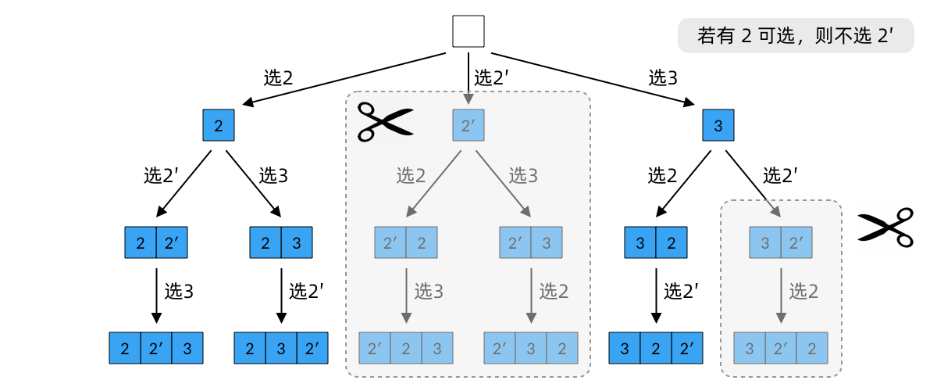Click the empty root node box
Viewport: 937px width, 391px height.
pos(468,32)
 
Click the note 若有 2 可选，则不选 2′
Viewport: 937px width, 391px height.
pos(796,36)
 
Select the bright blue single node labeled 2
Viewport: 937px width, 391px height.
pos(219,125)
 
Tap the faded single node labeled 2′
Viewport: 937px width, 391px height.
pos(468,125)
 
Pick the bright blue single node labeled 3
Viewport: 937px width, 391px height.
pos(718,125)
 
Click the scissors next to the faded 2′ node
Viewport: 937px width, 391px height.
pos(384,122)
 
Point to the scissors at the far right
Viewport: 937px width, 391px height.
pos(885,228)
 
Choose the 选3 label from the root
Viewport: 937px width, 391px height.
pos(663,77)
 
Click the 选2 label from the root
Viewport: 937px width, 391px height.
pos(278,77)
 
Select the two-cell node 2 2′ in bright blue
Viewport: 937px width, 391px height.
pos(156,242)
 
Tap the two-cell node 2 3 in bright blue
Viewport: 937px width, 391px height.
pos(281,242)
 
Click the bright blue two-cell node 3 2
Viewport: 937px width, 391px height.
pos(656,242)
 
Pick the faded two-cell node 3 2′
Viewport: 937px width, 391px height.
pos(781,242)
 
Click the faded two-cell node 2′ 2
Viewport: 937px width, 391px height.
pos(406,242)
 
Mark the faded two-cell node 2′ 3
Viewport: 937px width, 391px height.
pos(531,242)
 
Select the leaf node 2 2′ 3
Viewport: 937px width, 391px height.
pos(156,348)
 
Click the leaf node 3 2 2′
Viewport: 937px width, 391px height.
pos(656,348)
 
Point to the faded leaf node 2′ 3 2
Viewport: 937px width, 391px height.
pos(531,348)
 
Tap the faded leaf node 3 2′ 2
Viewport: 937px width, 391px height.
pos(781,348)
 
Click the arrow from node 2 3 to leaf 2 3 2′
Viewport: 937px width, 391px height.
pos(281,295)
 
